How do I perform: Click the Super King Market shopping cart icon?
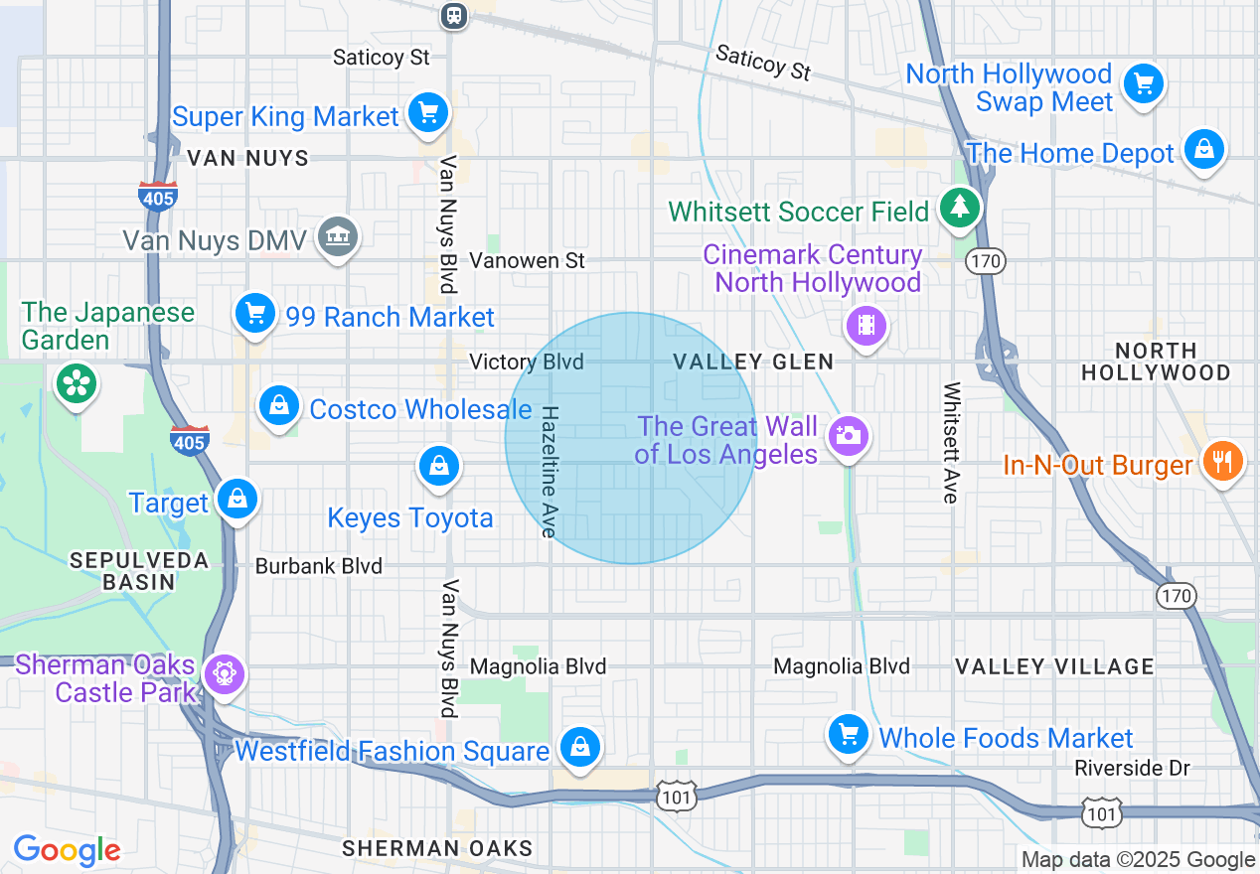coord(428,113)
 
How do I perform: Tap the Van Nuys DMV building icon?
coord(339,236)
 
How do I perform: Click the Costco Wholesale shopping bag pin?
coord(279,406)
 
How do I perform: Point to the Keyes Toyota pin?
coord(437,465)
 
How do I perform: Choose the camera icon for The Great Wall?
coord(848,435)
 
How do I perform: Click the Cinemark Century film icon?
coord(866,324)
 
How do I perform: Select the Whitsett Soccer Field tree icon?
coord(959,207)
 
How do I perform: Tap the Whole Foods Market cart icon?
coord(848,735)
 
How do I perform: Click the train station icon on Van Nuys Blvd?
coord(453,14)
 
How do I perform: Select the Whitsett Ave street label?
coord(951,442)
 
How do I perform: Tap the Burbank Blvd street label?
coord(319,566)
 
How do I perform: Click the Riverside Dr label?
coord(1132,768)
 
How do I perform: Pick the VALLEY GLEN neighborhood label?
coord(753,362)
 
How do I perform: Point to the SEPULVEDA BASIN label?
coord(139,571)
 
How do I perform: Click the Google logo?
coord(67,850)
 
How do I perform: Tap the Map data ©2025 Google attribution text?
coord(1139,860)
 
